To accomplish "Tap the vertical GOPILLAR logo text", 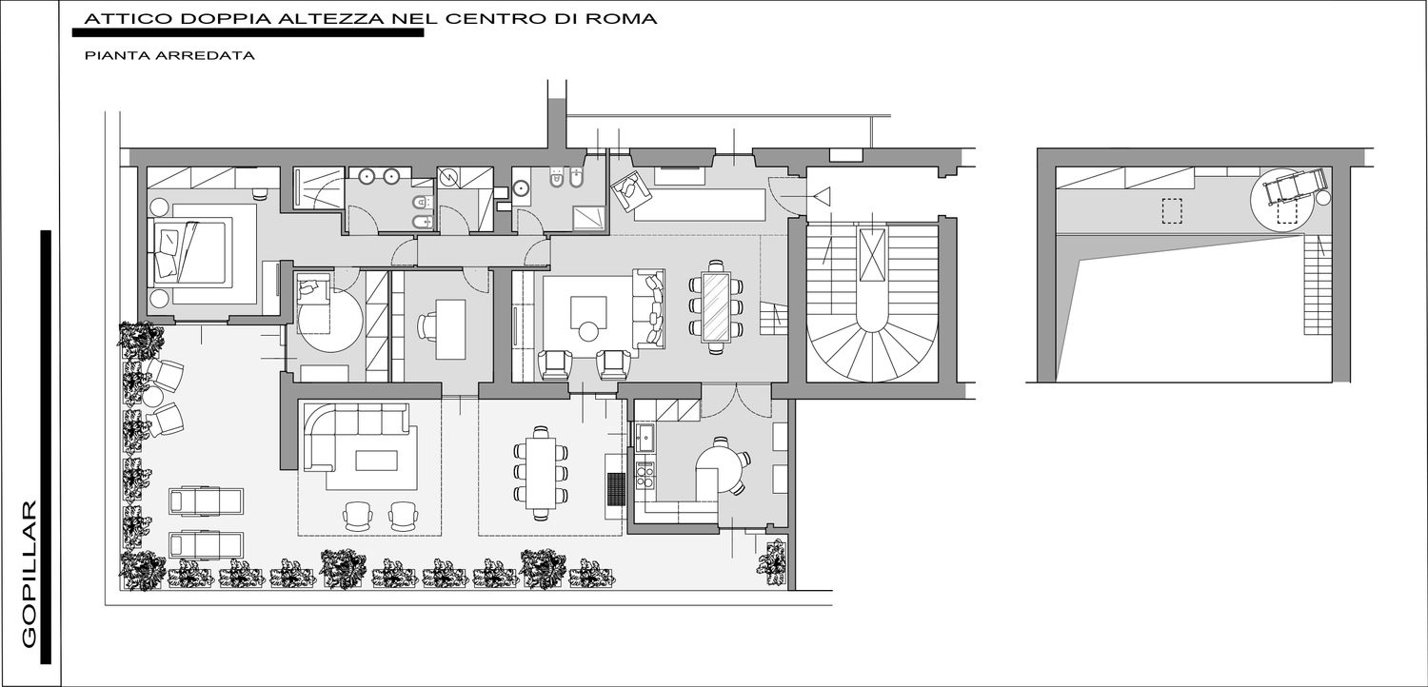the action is pos(30,574).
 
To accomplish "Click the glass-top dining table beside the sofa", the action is pos(716,306).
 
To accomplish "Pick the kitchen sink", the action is pos(645,437).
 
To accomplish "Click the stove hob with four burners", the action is pos(645,475).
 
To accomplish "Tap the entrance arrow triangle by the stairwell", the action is pos(823,196).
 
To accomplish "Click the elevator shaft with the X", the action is pos(873,254).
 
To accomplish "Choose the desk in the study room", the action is pos(450,329).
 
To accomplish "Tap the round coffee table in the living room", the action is pos(587,332).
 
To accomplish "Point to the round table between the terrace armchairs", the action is pos(153,397).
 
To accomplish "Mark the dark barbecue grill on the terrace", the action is pos(616,489).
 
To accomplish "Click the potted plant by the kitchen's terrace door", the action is pos(773,560).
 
